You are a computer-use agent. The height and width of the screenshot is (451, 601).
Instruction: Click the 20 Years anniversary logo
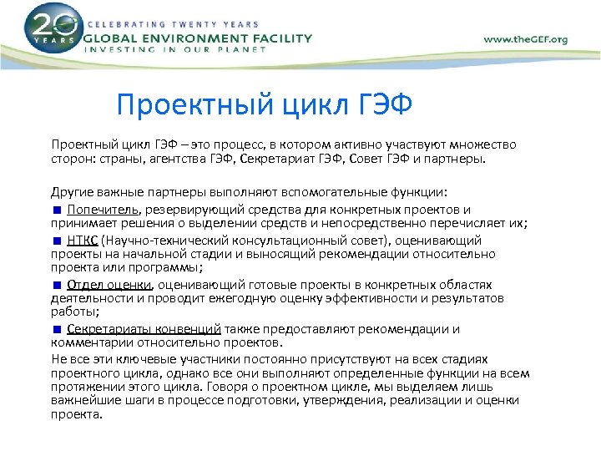(52, 29)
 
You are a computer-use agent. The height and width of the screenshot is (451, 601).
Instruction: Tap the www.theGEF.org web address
(525, 40)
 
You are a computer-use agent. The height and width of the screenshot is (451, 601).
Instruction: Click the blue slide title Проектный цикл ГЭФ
(265, 105)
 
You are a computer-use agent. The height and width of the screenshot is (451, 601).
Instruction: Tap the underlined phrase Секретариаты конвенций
(144, 329)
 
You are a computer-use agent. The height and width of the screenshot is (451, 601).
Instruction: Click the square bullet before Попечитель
(57, 210)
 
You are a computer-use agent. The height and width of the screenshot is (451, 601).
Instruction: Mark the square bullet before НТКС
(57, 240)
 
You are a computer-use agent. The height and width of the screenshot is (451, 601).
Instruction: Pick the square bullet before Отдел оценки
(57, 285)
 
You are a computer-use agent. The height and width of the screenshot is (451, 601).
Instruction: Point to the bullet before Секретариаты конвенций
(57, 329)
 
